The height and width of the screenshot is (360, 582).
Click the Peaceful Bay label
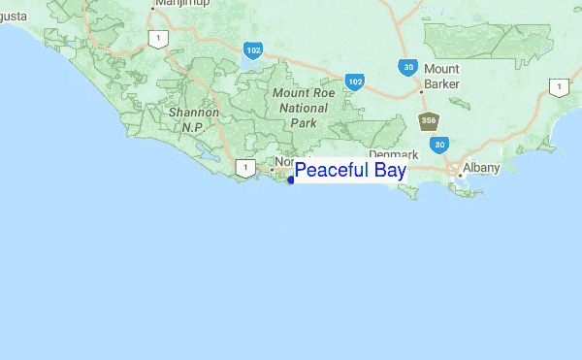[350, 171]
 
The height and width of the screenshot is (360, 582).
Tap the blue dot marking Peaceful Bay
[291, 180]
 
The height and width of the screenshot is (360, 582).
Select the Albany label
[481, 168]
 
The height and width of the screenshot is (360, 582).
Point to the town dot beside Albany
[459, 175]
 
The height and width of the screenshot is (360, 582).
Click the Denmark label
[393, 154]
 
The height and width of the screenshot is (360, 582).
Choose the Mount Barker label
[441, 76]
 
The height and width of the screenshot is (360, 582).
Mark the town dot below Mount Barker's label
[421, 92]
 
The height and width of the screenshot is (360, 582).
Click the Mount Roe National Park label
[303, 108]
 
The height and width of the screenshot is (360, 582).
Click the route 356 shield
[427, 121]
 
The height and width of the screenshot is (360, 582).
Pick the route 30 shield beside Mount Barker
[407, 66]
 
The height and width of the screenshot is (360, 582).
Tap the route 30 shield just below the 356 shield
[439, 144]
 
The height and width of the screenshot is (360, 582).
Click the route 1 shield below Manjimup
[158, 38]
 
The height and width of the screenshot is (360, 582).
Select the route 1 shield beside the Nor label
[246, 168]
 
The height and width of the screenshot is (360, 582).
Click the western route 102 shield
[253, 50]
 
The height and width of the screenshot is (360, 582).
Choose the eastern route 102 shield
[355, 82]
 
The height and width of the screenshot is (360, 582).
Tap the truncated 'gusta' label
[14, 16]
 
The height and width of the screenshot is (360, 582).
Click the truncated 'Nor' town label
[283, 161]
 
